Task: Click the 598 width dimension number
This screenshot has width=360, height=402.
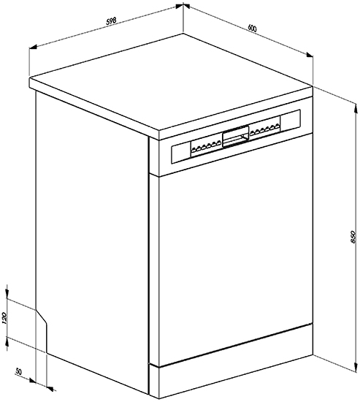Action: [x=112, y=21]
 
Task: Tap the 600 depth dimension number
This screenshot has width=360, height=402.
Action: [x=252, y=28]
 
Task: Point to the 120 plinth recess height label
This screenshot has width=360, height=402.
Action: [x=5, y=319]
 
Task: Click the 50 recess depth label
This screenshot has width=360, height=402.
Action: [x=19, y=371]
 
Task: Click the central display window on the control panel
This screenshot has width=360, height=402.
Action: [x=236, y=136]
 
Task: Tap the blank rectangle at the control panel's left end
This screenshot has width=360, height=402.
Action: [x=180, y=153]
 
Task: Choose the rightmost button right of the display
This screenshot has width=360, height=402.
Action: [x=277, y=126]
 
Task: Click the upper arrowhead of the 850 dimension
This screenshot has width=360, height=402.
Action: [x=356, y=108]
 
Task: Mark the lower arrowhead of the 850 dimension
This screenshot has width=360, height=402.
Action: [x=356, y=366]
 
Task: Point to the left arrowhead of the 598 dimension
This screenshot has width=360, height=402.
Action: [x=34, y=47]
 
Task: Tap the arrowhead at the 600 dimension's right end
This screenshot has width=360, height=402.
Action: [x=309, y=54]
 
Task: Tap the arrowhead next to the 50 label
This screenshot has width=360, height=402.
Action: [x=32, y=380]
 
